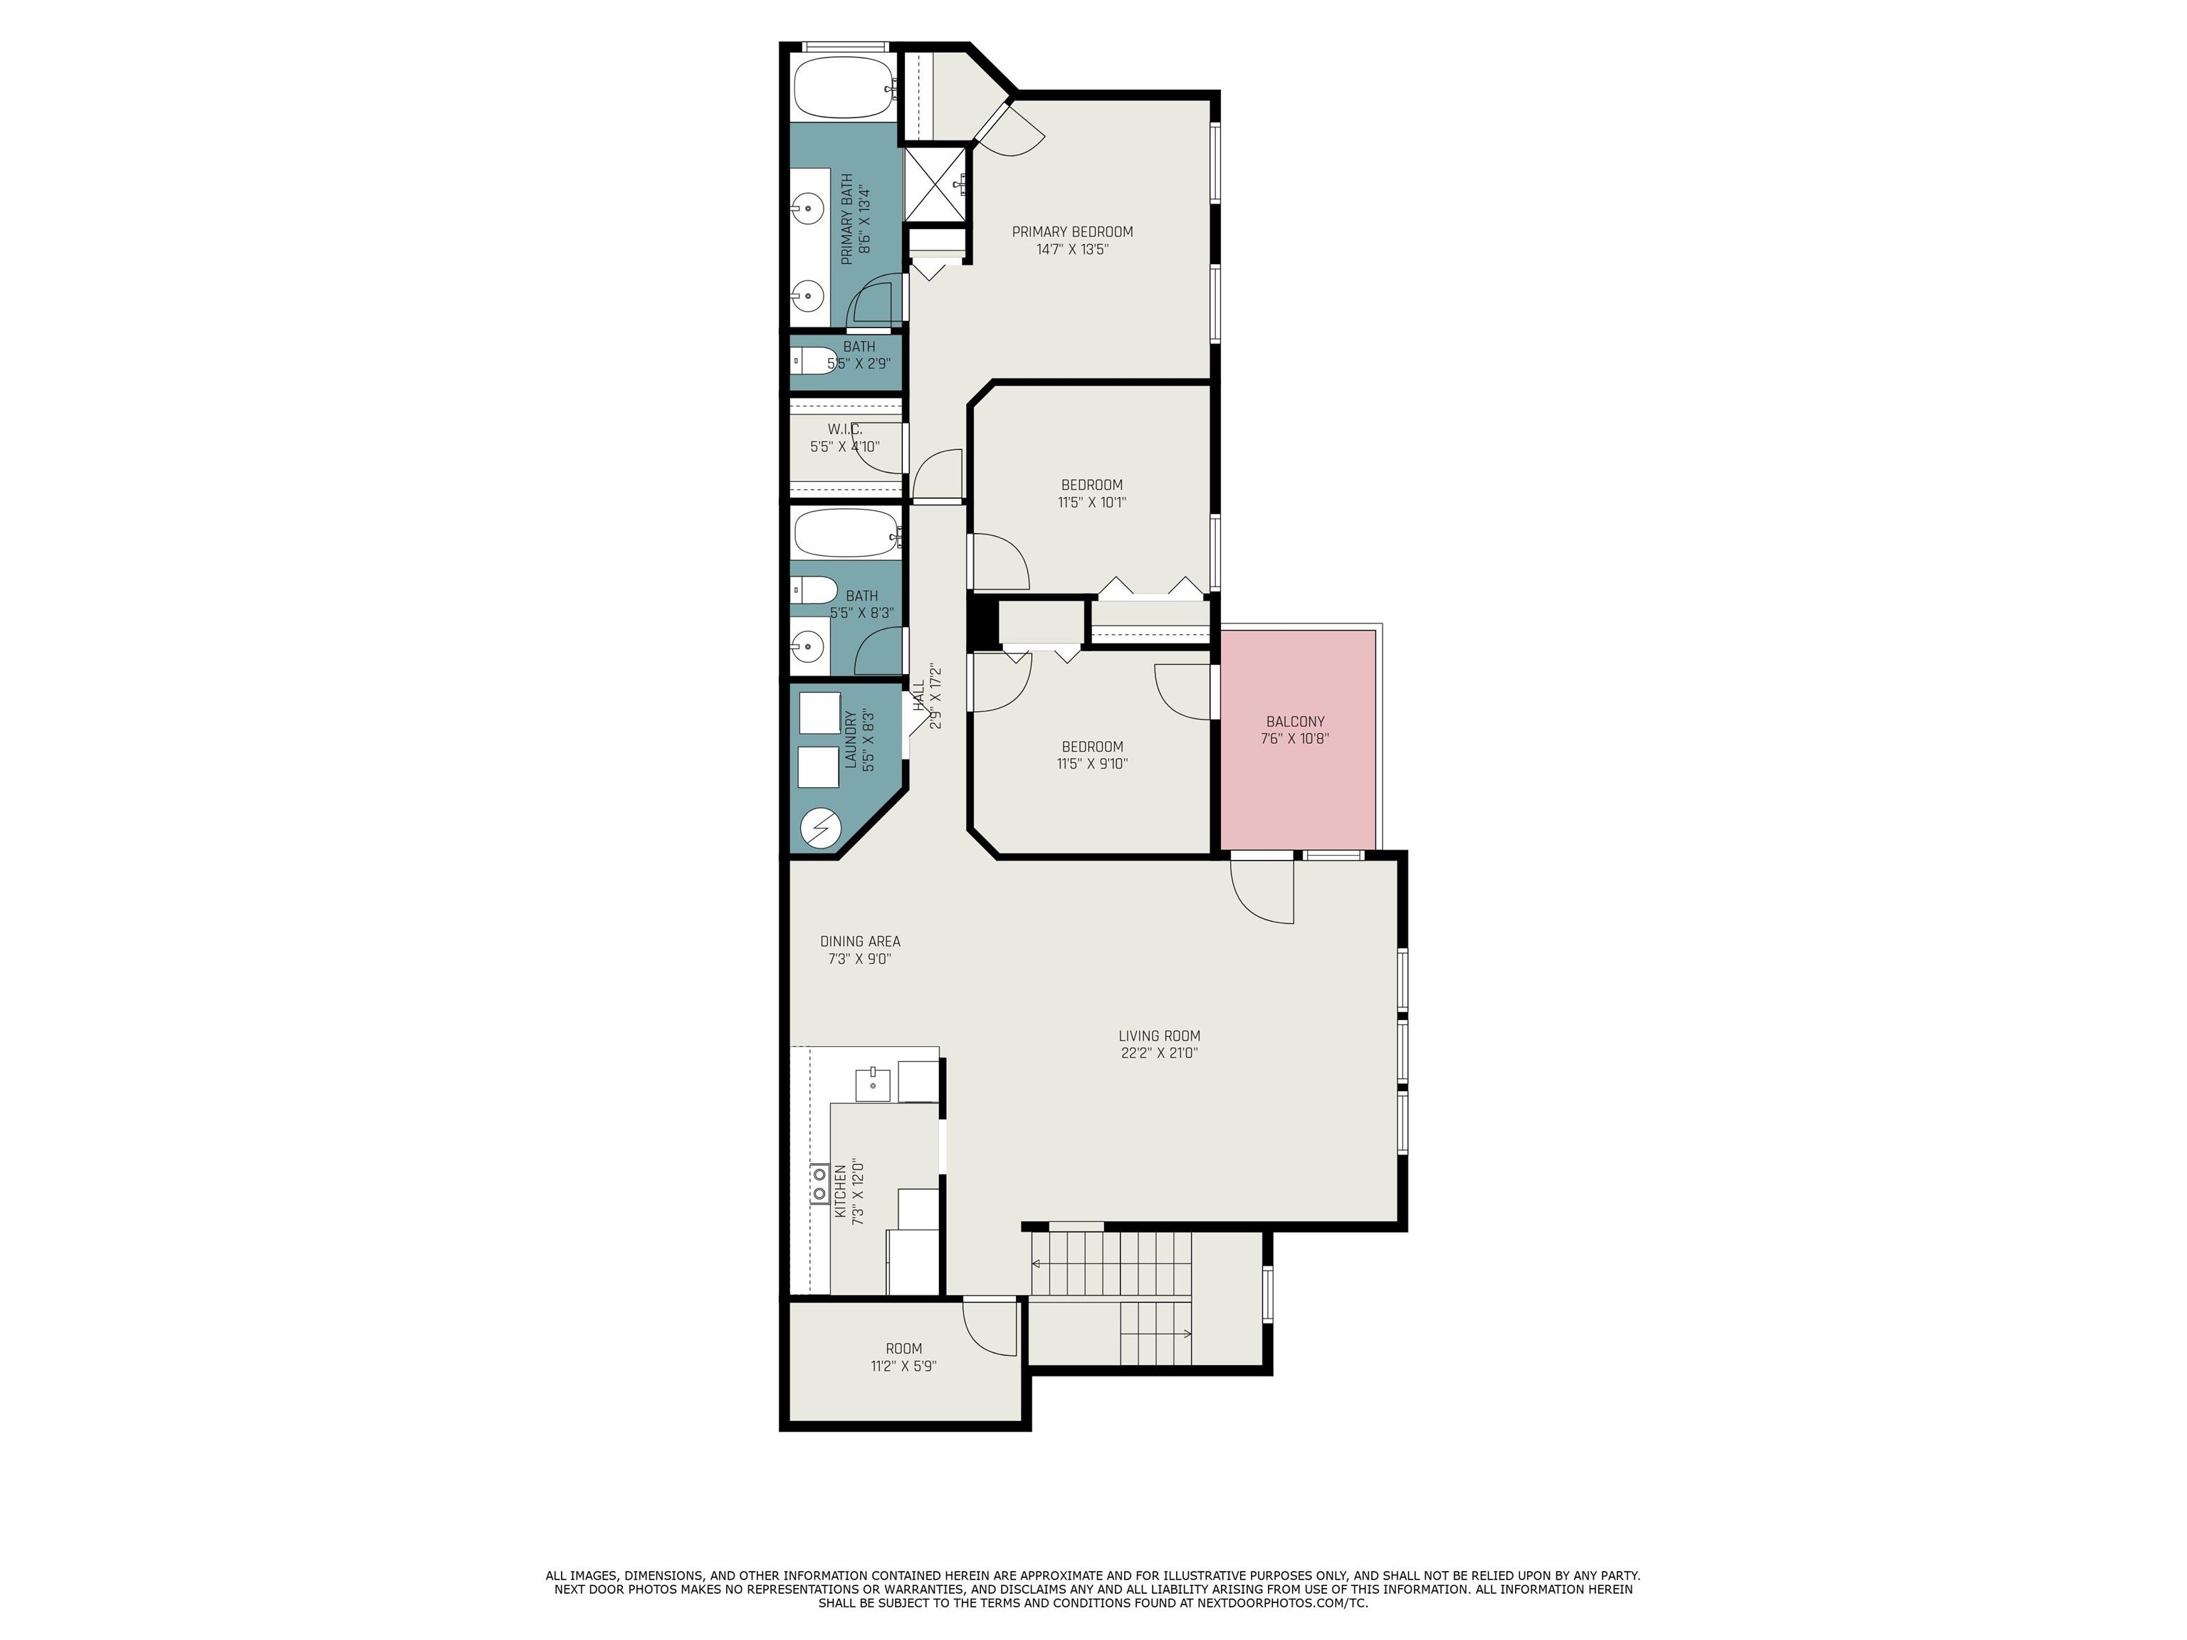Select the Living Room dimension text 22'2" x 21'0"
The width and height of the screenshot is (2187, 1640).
click(x=1159, y=1053)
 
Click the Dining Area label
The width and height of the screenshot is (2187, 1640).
click(x=860, y=941)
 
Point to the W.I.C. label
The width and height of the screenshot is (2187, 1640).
click(x=844, y=429)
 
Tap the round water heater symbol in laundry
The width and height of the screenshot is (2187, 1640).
click(x=819, y=829)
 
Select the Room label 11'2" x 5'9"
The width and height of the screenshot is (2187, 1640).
click(x=903, y=1348)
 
